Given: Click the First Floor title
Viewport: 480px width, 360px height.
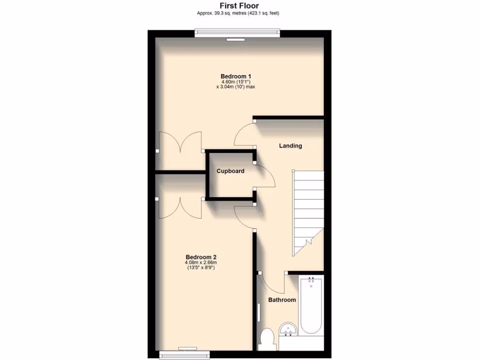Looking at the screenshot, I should pyautogui.click(x=240, y=6).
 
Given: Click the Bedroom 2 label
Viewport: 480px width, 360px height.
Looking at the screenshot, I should pyautogui.click(x=201, y=257).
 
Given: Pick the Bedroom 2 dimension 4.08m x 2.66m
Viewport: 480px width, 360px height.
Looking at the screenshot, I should pyautogui.click(x=201, y=262).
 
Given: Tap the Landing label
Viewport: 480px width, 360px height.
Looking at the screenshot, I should pyautogui.click(x=291, y=146).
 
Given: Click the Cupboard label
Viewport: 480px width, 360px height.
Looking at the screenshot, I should pyautogui.click(x=230, y=171).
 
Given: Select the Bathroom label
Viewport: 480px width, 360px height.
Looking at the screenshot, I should pyautogui.click(x=282, y=300).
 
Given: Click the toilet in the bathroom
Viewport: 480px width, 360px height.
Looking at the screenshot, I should pyautogui.click(x=268, y=338).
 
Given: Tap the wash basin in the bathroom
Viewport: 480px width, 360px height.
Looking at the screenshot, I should pyautogui.click(x=287, y=329).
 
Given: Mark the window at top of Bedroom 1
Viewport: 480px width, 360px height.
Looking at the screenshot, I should pyautogui.click(x=237, y=34).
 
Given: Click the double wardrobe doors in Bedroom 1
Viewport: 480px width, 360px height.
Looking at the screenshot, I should pyautogui.click(x=180, y=143).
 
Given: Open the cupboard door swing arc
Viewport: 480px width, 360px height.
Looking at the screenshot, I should pyautogui.click(x=265, y=176).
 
